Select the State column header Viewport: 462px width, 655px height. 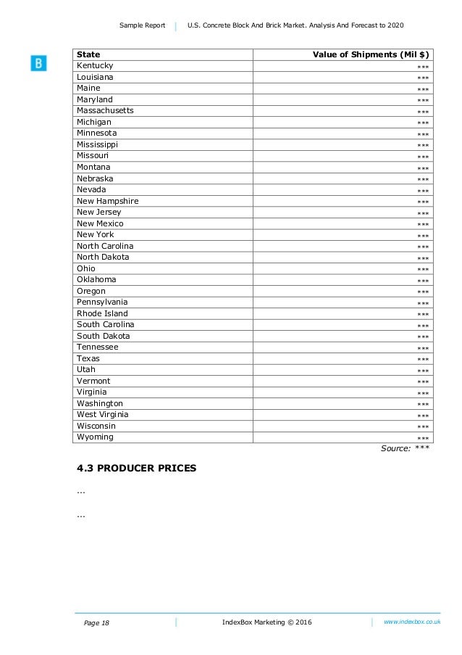click(88, 54)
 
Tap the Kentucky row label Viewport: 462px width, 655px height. click(95, 66)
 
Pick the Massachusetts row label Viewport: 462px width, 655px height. click(105, 111)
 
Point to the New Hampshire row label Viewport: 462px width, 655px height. click(107, 201)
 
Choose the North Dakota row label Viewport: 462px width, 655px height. click(103, 257)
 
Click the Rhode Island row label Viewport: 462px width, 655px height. click(102, 313)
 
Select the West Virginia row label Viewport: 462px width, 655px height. click(102, 414)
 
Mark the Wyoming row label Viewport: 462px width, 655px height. click(95, 437)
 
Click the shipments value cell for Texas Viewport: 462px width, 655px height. click(423, 360)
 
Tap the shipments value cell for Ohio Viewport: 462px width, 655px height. click(423, 270)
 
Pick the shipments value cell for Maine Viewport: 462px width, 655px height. click(423, 90)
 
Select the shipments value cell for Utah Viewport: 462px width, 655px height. click(423, 371)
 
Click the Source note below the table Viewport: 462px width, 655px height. click(406, 448)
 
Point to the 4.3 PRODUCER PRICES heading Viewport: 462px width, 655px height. click(136, 469)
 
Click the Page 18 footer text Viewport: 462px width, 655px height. click(96, 623)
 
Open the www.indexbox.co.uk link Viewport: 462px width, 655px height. click(412, 622)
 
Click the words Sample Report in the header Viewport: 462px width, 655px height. click(143, 26)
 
